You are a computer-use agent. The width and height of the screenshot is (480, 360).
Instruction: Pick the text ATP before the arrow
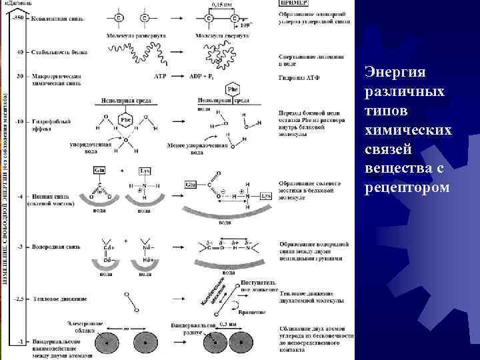click(160, 77)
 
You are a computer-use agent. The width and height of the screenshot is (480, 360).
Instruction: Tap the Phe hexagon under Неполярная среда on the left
click(125, 121)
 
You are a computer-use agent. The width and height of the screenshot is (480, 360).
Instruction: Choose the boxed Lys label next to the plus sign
click(145, 172)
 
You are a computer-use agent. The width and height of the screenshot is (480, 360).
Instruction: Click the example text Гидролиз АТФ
click(298, 77)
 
